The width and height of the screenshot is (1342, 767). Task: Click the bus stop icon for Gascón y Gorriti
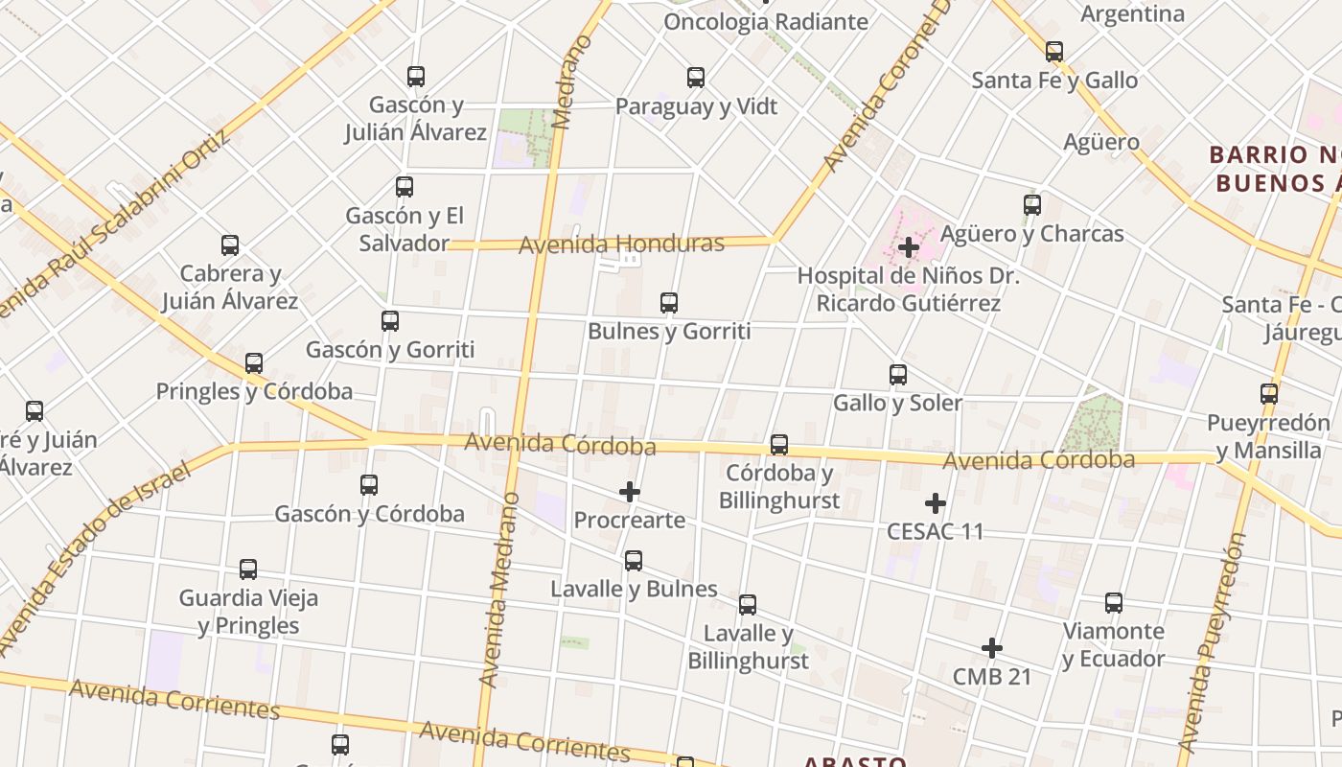[390, 321]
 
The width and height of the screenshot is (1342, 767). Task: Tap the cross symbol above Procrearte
[630, 492]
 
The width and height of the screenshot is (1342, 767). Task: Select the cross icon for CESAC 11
[936, 503]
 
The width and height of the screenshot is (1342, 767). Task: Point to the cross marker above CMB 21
[992, 649]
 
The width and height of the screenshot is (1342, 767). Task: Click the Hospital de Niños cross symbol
[909, 247]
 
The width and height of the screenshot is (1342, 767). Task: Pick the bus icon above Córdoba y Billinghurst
[779, 445]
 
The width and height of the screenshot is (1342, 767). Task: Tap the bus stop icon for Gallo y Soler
[898, 375]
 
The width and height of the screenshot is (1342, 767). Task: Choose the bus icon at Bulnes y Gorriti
[669, 303]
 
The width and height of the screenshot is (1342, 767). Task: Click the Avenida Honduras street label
[621, 244]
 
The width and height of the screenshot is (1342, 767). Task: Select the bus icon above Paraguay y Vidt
[696, 78]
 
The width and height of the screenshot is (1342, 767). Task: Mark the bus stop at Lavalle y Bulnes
[634, 561]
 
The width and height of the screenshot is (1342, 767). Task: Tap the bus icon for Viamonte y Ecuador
[1114, 603]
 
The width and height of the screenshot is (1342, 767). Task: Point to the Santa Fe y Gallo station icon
[1054, 52]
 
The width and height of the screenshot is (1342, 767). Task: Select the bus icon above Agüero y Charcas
[1032, 205]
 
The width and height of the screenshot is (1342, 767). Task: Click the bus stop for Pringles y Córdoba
[254, 363]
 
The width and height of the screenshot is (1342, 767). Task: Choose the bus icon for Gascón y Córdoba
[369, 485]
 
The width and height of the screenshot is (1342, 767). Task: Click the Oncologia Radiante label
[765, 21]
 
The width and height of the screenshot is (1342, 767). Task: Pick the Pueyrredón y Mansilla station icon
[1269, 393]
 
